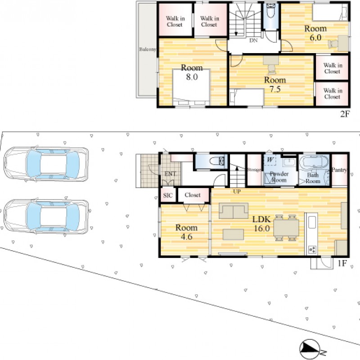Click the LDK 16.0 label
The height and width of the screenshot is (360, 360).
(x=262, y=224)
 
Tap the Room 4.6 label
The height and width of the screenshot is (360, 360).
(x=186, y=232)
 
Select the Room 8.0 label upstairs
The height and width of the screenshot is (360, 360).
(x=192, y=72)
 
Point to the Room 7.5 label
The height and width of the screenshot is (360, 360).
(x=275, y=85)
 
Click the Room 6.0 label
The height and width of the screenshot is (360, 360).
(x=315, y=33)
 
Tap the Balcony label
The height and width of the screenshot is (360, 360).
(x=148, y=49)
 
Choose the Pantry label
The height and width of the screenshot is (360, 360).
(x=339, y=170)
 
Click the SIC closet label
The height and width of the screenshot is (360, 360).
(x=168, y=195)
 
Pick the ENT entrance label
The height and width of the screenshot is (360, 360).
(x=170, y=174)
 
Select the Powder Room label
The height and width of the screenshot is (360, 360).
(x=279, y=177)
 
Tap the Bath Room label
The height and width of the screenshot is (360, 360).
(x=313, y=178)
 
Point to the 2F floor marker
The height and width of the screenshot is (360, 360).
(x=345, y=114)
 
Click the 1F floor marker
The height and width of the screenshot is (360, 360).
(x=342, y=263)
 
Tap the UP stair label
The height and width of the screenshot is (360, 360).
(x=237, y=191)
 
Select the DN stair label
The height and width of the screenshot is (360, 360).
(x=253, y=40)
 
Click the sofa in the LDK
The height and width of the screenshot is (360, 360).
(x=234, y=211)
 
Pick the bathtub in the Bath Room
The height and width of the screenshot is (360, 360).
(x=314, y=162)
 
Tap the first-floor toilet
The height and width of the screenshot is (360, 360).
(x=217, y=161)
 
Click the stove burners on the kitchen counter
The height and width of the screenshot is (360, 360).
(x=312, y=249)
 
